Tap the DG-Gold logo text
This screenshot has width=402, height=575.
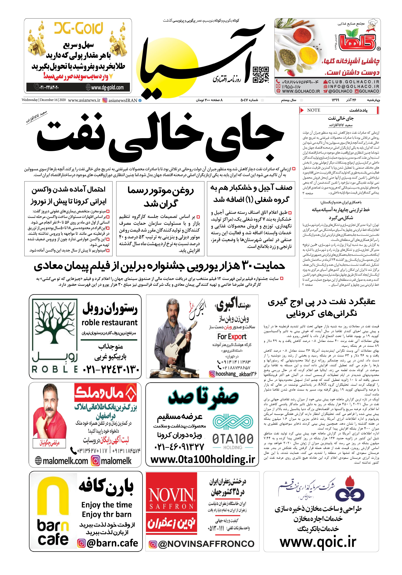pos(79,28)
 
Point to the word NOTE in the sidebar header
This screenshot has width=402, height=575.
pos(314,110)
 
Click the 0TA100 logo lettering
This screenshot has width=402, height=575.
pos(233,439)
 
